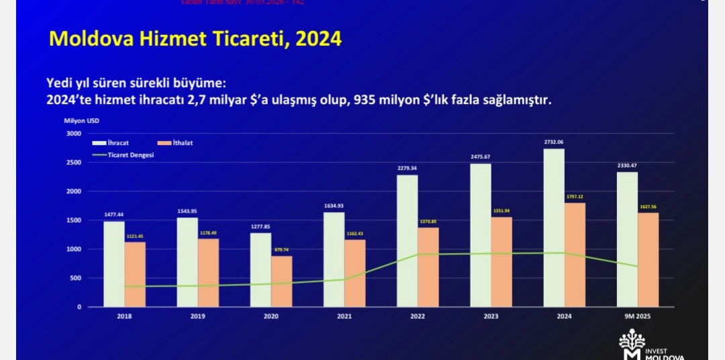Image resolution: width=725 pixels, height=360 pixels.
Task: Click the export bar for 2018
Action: [114, 264]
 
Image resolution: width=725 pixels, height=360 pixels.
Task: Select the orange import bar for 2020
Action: [282, 281]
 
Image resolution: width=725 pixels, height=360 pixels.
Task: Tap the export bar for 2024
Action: [554, 228]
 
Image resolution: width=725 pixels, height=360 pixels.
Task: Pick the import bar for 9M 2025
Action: [648, 260]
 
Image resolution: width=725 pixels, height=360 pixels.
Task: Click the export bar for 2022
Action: [407, 240]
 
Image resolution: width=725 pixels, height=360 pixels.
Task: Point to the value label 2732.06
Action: [554, 142]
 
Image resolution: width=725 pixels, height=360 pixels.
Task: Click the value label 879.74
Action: [282, 250]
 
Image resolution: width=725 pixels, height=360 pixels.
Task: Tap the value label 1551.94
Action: [501, 211]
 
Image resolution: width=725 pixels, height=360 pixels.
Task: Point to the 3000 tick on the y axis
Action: [74, 134]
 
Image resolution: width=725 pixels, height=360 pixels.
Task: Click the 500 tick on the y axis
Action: [76, 278]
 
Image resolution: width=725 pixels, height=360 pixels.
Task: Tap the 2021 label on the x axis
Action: [344, 316]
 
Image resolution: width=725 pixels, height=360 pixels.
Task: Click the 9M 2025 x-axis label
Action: [638, 316]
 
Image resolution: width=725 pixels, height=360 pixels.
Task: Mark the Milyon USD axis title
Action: [81, 121]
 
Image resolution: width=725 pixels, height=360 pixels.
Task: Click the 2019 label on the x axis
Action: [197, 316]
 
